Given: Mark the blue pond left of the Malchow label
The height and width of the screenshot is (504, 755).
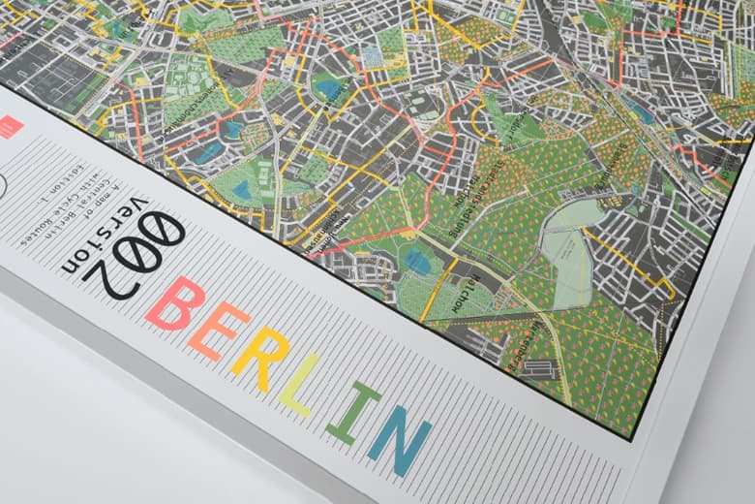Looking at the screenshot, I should point(419,260).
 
